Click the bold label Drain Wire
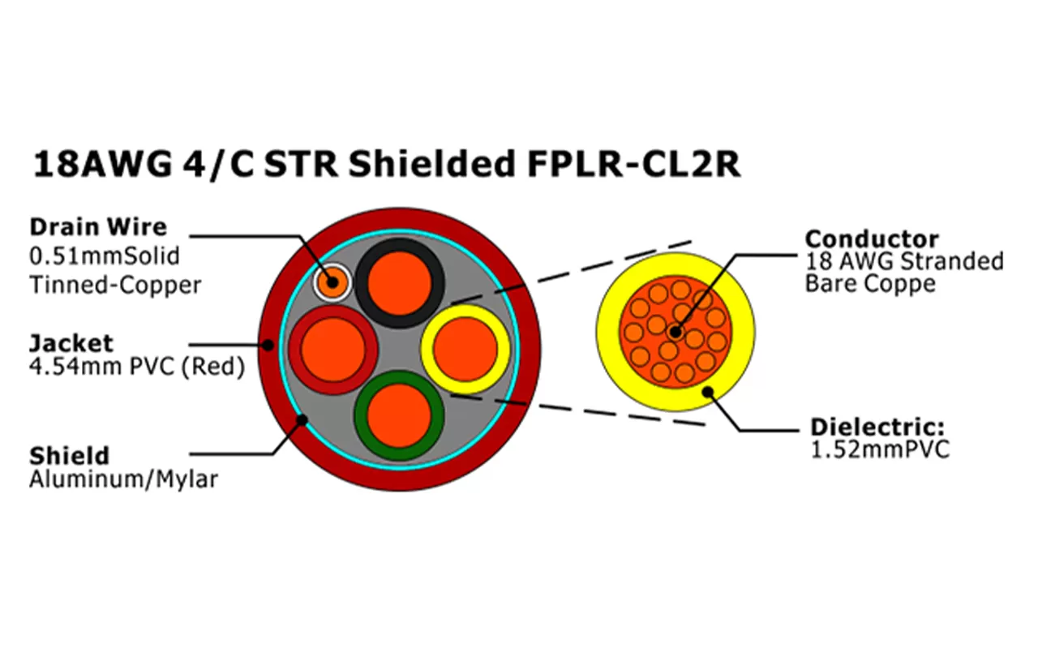click(x=97, y=226)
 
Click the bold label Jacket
click(x=71, y=342)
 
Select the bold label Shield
click(x=69, y=455)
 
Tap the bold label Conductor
click(x=872, y=239)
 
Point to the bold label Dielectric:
click(x=879, y=428)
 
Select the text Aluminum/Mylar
click(x=123, y=479)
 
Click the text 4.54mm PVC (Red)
click(x=136, y=367)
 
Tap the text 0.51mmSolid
click(x=104, y=256)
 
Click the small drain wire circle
click(x=331, y=283)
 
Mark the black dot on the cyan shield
click(x=303, y=419)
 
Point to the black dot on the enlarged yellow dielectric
click(x=708, y=393)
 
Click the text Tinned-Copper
click(x=115, y=285)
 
